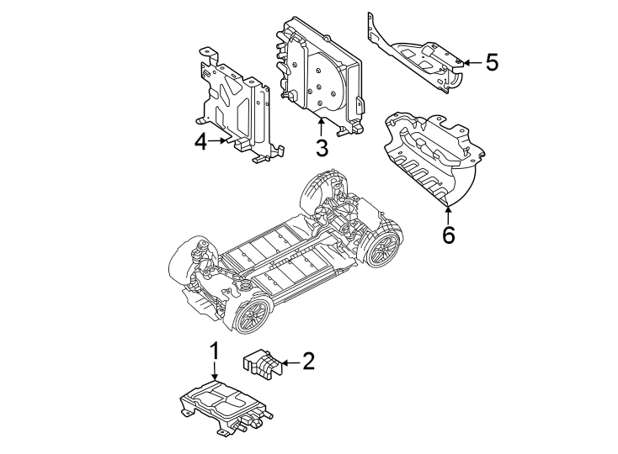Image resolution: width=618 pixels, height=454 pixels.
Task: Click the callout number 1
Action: [x=214, y=350]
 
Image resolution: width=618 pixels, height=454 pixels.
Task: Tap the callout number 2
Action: [x=308, y=362]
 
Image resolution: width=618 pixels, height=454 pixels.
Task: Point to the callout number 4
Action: [x=200, y=142]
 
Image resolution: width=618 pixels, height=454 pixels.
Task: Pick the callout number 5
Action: [x=492, y=61]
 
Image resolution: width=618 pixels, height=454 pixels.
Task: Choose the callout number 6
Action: [x=448, y=235]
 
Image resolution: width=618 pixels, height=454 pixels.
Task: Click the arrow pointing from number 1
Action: [x=214, y=372]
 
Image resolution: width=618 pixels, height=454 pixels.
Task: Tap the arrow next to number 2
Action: [x=289, y=362]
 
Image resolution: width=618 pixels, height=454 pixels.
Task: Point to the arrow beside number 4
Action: [x=221, y=141]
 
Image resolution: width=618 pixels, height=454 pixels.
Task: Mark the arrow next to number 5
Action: [x=469, y=61]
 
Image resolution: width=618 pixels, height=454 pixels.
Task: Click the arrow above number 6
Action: [x=448, y=213]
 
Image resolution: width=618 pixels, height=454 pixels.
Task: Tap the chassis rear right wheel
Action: [x=383, y=250]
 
